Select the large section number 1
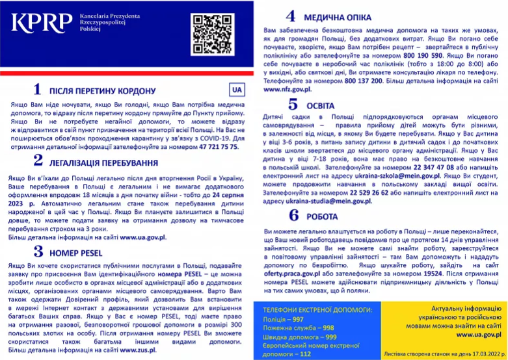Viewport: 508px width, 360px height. click(x=38, y=90)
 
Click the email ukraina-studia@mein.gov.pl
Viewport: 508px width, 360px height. click(x=317, y=201)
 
